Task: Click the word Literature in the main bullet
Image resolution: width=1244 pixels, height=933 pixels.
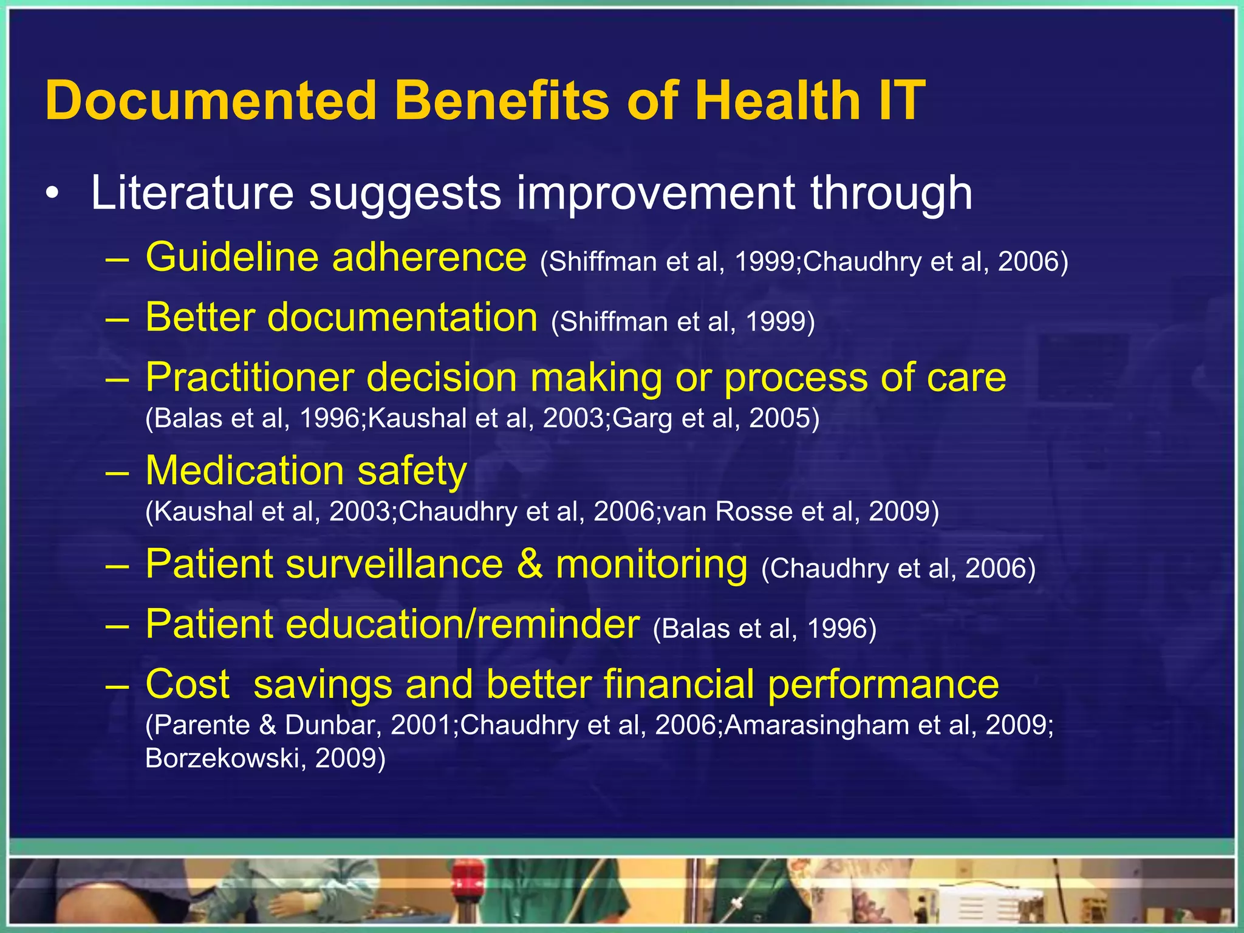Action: [x=192, y=193]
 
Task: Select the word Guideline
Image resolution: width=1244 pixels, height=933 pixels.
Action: [x=231, y=258]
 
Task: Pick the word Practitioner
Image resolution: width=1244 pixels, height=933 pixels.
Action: [x=249, y=378]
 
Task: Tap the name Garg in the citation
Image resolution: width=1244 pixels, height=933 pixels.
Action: [x=643, y=419]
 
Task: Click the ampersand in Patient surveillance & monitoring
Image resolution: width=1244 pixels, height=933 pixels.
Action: [x=530, y=564]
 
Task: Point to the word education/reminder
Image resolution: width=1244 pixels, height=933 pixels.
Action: [x=462, y=624]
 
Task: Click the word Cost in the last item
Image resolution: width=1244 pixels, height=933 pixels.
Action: [x=188, y=685]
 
